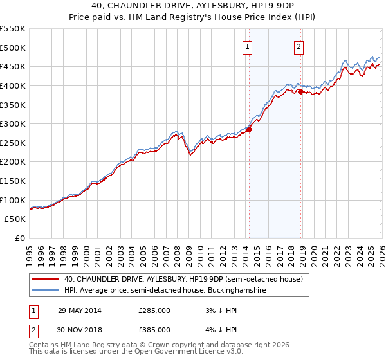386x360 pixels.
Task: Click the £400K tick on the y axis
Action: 13,85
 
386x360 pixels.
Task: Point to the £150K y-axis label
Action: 13,181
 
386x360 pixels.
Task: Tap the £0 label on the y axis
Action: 19,239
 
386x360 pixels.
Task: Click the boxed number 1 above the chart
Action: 248,46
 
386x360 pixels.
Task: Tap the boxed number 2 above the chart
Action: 300,46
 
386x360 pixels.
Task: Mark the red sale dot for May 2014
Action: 249,129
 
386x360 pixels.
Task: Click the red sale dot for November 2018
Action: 300,91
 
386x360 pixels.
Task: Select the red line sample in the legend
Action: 45,279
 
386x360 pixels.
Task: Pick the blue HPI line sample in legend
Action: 45,291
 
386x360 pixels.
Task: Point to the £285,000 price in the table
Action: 154,310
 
